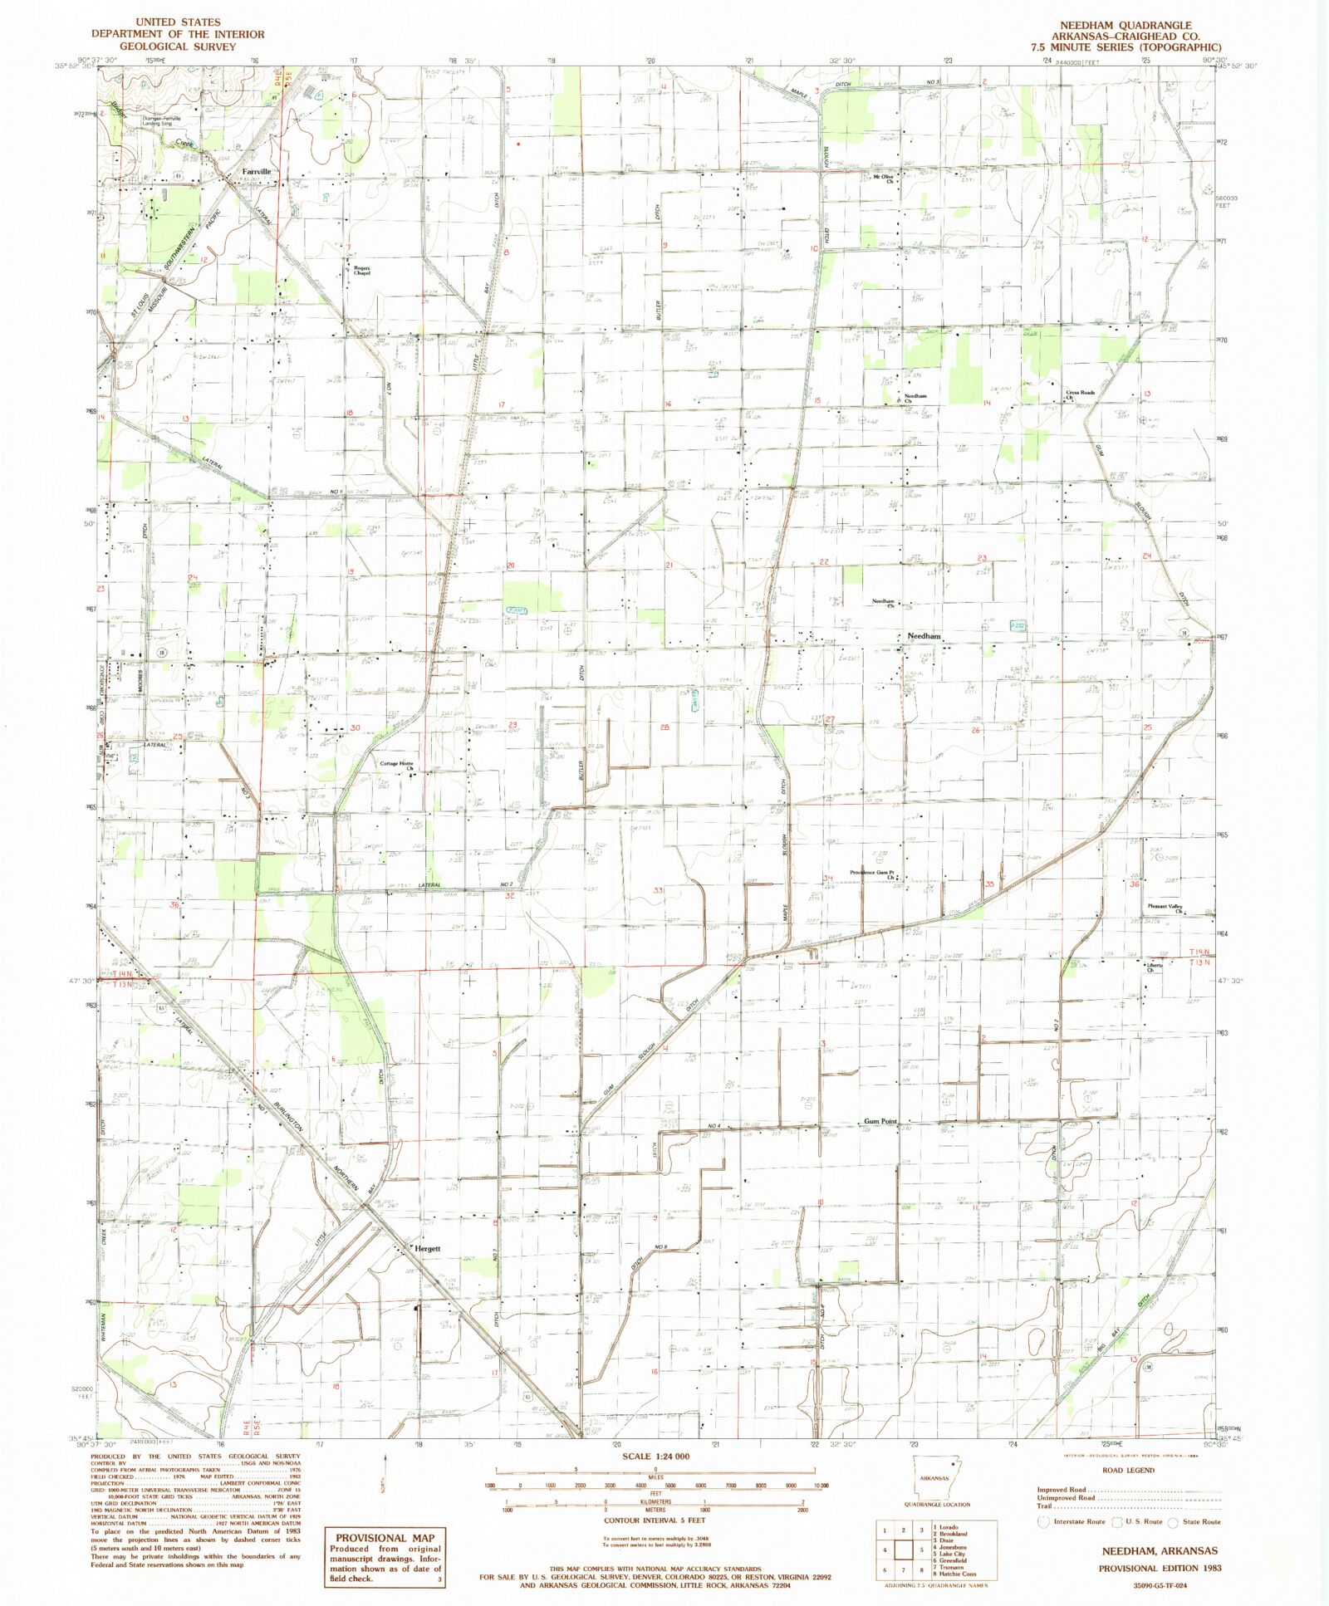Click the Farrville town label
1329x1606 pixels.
pos(256,172)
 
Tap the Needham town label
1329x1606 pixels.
pos(924,636)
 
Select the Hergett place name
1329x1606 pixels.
pos(427,1248)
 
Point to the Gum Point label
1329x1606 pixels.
pos(880,1121)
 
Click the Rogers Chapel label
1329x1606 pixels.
pos(361,270)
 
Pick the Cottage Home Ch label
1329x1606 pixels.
pos(397,766)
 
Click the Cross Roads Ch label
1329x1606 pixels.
pos(1081,394)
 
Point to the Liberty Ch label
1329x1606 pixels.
pos(1154,967)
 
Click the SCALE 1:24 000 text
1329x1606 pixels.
pos(655,1456)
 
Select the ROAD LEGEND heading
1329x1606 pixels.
pos(1128,1470)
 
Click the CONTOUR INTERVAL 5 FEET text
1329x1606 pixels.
pos(655,1520)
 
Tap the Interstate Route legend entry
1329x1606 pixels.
pos(1079,1522)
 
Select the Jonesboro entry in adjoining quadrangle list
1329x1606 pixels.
pos(952,1547)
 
